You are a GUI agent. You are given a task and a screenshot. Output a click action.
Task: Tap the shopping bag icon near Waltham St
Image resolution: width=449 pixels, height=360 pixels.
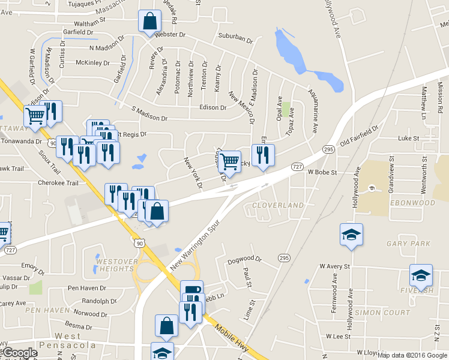(x=149, y=21)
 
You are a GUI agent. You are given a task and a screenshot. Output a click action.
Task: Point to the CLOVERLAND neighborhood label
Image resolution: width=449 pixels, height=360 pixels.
(x=277, y=205)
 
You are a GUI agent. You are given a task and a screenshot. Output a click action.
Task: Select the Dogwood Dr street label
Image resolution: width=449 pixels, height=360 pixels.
(x=245, y=260)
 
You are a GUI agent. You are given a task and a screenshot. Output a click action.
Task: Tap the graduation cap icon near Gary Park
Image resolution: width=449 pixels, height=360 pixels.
(x=351, y=235)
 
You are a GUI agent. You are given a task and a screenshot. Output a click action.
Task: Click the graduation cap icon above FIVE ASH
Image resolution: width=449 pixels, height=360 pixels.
(x=421, y=275)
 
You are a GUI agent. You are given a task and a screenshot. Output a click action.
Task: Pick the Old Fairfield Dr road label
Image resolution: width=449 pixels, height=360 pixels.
(x=359, y=136)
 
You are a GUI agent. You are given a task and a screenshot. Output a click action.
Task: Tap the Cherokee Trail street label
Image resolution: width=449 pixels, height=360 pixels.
(x=58, y=182)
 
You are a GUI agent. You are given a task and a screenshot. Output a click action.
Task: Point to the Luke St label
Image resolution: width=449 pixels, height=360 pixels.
(x=408, y=138)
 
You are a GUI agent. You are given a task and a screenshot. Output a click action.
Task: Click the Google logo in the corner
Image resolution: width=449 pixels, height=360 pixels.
(x=20, y=353)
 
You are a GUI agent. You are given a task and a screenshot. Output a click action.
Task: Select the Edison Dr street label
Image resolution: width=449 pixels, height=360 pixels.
(x=214, y=108)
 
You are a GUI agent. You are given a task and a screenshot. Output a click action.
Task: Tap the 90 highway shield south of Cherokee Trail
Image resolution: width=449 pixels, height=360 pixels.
(x=139, y=242)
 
